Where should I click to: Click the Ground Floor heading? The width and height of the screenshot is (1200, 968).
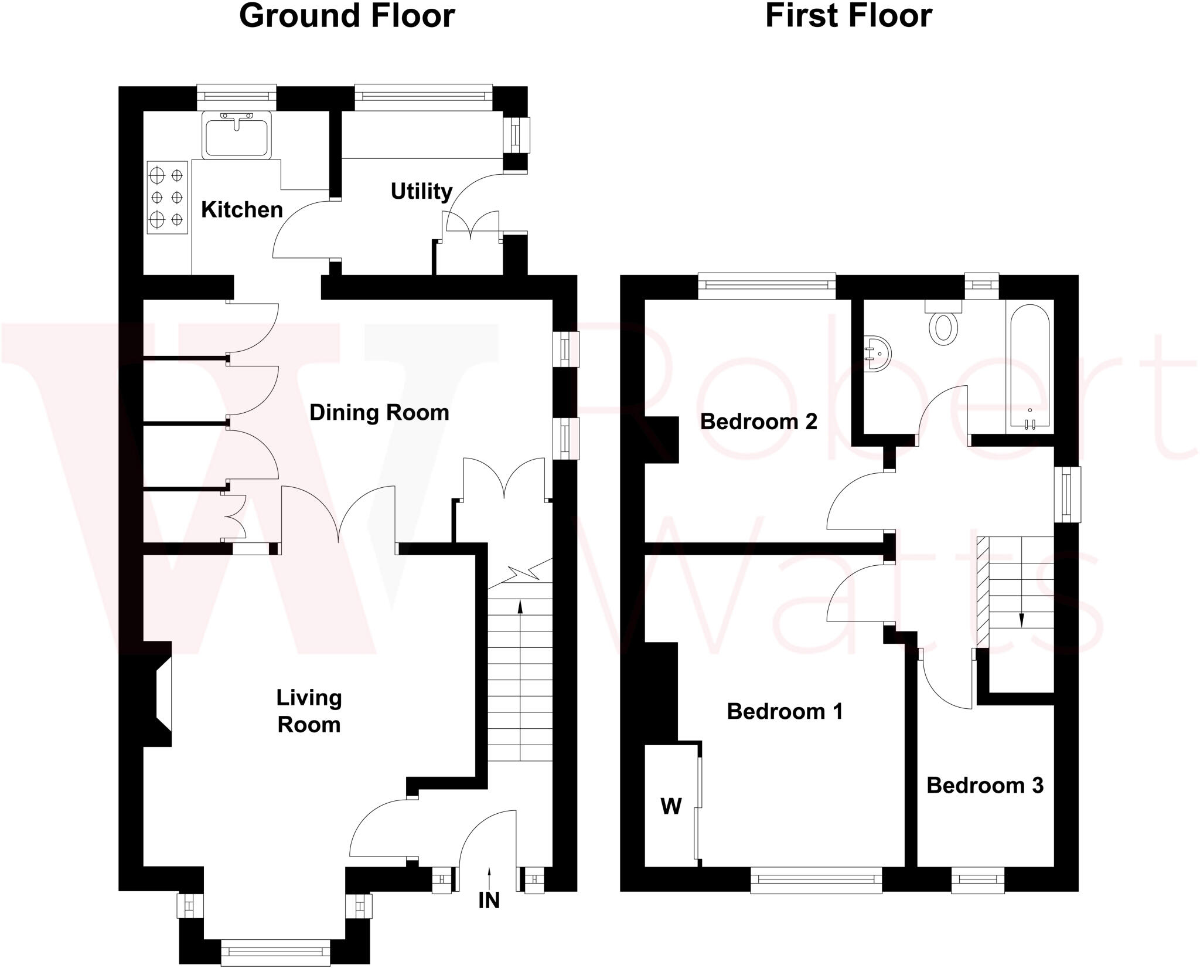click(347, 16)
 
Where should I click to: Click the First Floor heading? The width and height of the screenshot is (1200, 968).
click(848, 16)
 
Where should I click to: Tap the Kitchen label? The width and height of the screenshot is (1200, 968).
click(242, 210)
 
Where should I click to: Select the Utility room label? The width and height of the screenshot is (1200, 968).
click(421, 191)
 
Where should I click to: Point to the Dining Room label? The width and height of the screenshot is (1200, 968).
click(379, 413)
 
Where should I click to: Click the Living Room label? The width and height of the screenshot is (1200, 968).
click(309, 711)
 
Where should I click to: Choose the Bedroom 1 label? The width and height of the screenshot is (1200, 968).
click(785, 711)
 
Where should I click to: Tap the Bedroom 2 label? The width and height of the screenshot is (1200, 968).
click(758, 422)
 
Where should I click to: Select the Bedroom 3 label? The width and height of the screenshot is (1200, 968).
click(985, 786)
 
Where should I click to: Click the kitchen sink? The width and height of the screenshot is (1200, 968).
click(237, 135)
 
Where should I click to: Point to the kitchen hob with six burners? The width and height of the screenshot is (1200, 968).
click(167, 198)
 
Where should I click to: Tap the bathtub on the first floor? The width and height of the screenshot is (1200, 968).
click(1029, 366)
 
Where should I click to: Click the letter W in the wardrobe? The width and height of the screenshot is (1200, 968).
click(671, 807)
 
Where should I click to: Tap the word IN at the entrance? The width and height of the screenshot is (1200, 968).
click(489, 901)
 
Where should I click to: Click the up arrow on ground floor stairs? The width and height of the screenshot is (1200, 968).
click(520, 607)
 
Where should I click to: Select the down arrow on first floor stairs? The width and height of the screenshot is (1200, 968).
click(1021, 619)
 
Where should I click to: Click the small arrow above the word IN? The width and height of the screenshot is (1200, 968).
click(489, 874)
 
